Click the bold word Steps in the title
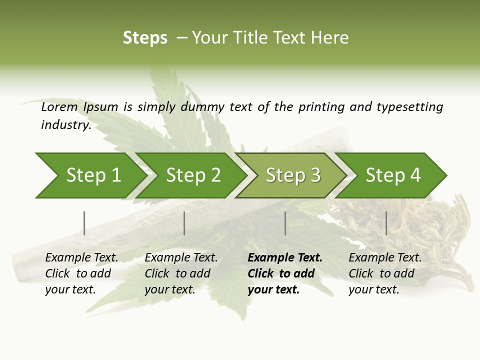click(145, 38)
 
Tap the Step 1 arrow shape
click(90, 175)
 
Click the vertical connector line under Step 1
click(84, 223)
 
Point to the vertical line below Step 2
click(184, 223)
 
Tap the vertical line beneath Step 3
click(285, 223)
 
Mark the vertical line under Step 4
click(386, 223)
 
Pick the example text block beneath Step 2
click(180, 273)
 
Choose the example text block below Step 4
click(384, 273)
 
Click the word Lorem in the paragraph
click(59, 107)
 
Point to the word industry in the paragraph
click(65, 125)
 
